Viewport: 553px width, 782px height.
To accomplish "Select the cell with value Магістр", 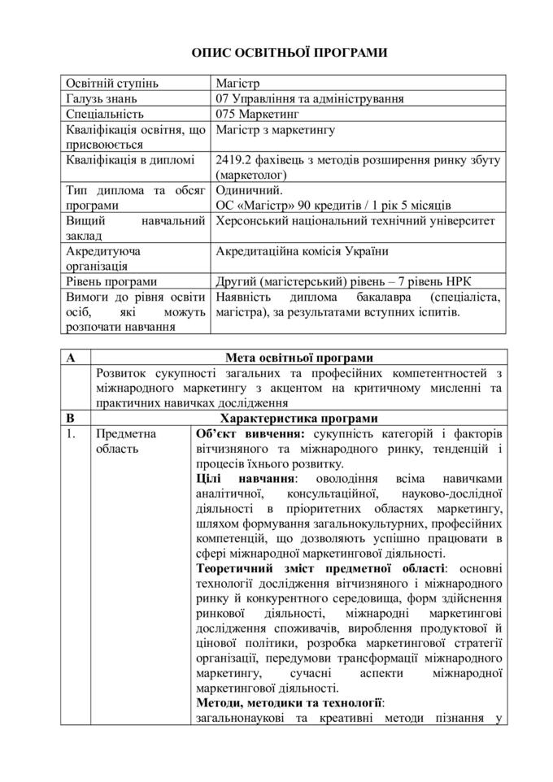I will point(236,84).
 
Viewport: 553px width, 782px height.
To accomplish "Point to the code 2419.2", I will point(234,160).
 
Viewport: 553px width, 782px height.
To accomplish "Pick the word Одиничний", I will point(249,190).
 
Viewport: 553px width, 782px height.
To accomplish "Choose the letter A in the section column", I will point(72,358).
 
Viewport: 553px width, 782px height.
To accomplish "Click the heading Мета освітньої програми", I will point(299,358).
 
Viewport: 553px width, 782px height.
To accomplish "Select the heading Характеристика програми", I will point(299,419).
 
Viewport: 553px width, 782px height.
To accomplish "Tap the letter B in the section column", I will point(72,419).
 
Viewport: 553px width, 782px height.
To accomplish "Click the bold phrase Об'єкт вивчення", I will point(246,434).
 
